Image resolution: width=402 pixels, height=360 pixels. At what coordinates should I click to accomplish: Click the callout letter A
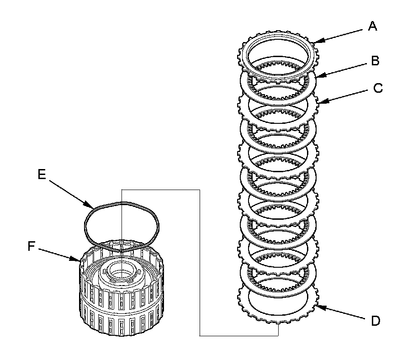pyautogui.click(x=373, y=27)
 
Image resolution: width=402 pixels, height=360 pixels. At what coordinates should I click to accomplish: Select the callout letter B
pyautogui.click(x=375, y=61)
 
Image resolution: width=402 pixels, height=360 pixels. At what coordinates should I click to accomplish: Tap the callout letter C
pyautogui.click(x=378, y=88)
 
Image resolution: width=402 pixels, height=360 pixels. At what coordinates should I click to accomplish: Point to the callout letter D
pyautogui.click(x=375, y=321)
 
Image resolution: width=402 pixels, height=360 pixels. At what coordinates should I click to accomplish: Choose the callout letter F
pyautogui.click(x=32, y=246)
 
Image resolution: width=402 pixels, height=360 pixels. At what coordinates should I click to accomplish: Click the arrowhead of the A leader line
pyautogui.click(x=314, y=42)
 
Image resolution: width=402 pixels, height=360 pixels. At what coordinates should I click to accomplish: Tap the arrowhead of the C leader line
pyautogui.click(x=317, y=102)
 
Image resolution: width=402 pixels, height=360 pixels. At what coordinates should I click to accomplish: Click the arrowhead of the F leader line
pyautogui.click(x=79, y=262)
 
